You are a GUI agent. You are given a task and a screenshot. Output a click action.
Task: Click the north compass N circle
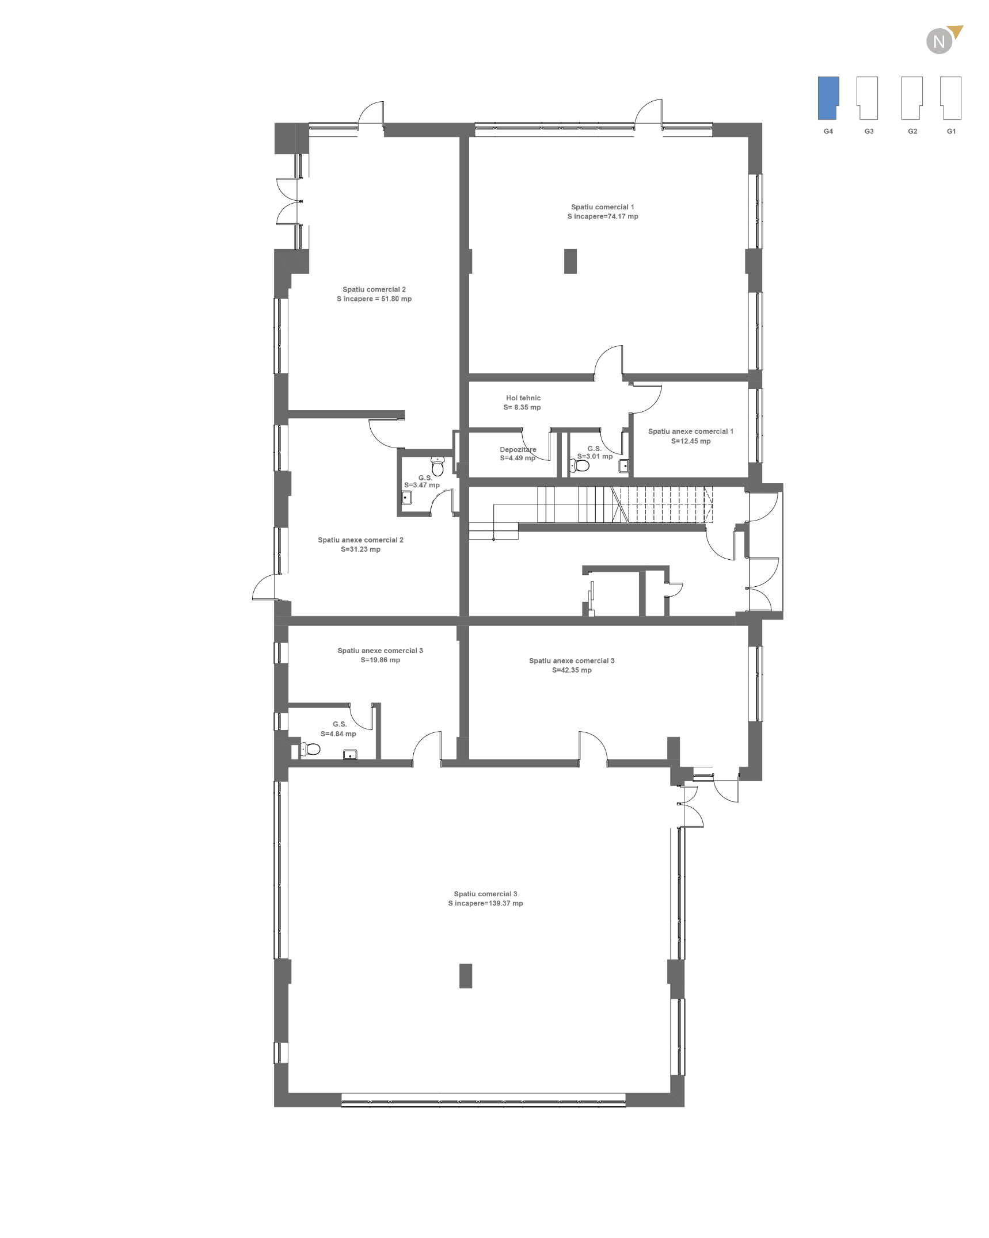939,41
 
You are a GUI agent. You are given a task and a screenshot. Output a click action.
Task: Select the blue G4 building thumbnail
828,98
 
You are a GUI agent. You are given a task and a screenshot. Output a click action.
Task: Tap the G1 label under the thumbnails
951,131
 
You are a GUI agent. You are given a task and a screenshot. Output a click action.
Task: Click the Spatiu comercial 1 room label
602,207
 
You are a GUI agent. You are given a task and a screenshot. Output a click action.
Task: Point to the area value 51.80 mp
396,299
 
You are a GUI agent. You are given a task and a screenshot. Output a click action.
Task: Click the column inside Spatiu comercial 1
570,261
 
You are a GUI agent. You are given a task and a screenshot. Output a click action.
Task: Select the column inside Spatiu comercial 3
465,976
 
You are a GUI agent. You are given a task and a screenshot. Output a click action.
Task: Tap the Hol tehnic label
523,398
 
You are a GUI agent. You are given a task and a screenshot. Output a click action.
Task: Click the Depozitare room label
518,449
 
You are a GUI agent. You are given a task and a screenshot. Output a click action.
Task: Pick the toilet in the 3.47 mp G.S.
438,467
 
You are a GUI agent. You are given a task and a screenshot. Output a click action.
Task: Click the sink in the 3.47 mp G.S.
406,498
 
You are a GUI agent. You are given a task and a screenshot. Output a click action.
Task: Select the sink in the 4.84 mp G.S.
350,755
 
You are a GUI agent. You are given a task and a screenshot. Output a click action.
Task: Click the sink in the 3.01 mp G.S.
623,466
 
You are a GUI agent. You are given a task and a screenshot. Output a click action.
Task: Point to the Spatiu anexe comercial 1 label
690,431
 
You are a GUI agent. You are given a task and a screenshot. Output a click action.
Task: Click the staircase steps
625,505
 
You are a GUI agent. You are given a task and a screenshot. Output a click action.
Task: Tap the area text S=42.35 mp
572,670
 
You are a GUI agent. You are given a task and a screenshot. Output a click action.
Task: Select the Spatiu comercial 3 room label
485,894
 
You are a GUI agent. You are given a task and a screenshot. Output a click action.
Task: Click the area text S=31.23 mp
360,549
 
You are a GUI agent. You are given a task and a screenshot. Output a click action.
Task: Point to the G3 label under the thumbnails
869,131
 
